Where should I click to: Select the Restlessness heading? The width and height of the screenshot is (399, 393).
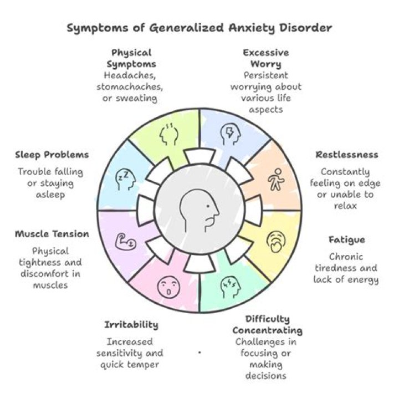[x=347, y=155]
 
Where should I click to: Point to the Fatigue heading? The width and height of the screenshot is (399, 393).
[x=346, y=240]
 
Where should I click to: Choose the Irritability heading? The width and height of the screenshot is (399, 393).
[x=131, y=325]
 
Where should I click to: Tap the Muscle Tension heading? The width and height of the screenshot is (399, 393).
[x=52, y=234]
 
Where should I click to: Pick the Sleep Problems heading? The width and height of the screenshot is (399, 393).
[x=52, y=155]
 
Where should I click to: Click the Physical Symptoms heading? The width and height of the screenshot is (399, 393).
[x=131, y=58]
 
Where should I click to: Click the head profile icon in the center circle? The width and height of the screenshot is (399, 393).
[x=200, y=211]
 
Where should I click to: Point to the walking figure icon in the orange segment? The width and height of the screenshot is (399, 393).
[x=275, y=181]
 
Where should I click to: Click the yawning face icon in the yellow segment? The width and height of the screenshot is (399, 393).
[x=275, y=242]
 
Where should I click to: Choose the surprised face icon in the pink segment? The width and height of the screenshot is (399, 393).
[x=168, y=287]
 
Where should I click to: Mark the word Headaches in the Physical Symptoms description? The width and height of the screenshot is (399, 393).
[x=131, y=76]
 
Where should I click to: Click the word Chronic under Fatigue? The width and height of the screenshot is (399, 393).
[x=346, y=257]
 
